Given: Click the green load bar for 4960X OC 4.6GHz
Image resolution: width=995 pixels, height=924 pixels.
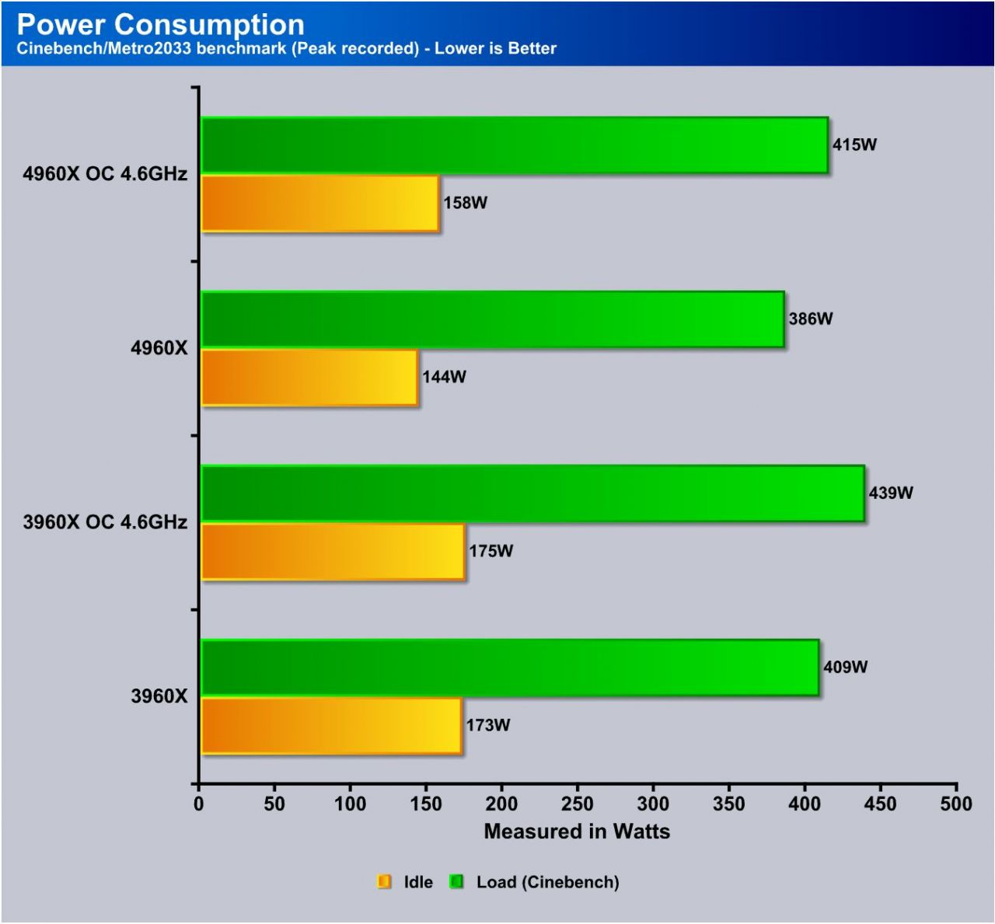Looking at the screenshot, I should [514, 145].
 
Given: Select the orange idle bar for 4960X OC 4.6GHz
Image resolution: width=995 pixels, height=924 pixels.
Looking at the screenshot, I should [320, 204].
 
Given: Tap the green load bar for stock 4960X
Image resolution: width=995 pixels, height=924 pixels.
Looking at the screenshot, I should [492, 319].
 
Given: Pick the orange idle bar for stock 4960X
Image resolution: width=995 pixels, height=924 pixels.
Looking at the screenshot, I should [309, 378].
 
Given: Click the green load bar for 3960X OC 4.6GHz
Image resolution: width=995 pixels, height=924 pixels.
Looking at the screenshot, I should [532, 493].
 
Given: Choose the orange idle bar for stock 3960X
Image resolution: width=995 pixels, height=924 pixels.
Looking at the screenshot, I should [331, 726].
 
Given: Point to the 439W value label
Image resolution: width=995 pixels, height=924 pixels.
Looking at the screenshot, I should [891, 493].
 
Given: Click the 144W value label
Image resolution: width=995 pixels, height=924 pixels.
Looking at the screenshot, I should [444, 377].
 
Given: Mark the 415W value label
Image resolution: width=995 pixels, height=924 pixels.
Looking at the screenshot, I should [854, 145].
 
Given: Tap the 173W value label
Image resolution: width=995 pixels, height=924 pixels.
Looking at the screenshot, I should [488, 725].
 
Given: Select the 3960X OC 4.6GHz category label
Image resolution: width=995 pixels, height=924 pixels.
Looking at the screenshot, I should [105, 521].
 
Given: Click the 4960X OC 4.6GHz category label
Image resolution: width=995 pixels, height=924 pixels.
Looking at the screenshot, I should [105, 173].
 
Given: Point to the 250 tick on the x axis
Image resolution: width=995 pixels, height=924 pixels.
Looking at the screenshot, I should [577, 804].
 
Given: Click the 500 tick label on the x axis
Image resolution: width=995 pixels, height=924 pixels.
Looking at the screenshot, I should [955, 804].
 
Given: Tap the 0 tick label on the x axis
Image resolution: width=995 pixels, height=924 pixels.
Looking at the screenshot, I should [199, 804].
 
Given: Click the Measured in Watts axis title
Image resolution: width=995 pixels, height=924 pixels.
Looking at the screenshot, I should [577, 832].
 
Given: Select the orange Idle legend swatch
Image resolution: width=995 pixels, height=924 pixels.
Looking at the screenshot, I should [384, 881].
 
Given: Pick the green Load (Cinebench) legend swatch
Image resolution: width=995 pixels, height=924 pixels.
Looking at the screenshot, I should [457, 881].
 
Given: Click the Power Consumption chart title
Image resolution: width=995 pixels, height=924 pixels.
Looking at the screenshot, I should [161, 24].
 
